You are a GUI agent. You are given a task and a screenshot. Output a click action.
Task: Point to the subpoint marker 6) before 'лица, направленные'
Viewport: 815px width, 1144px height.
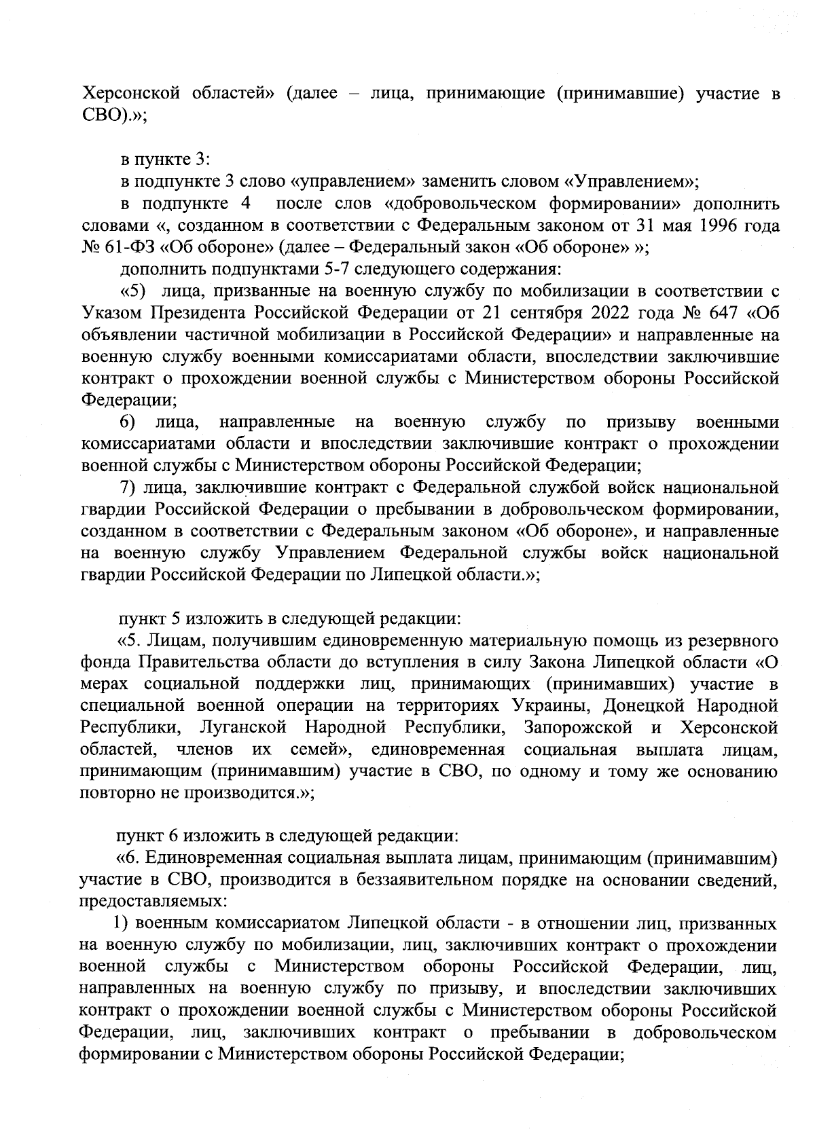128,423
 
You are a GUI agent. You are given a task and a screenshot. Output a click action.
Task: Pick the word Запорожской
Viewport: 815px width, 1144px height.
578,728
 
